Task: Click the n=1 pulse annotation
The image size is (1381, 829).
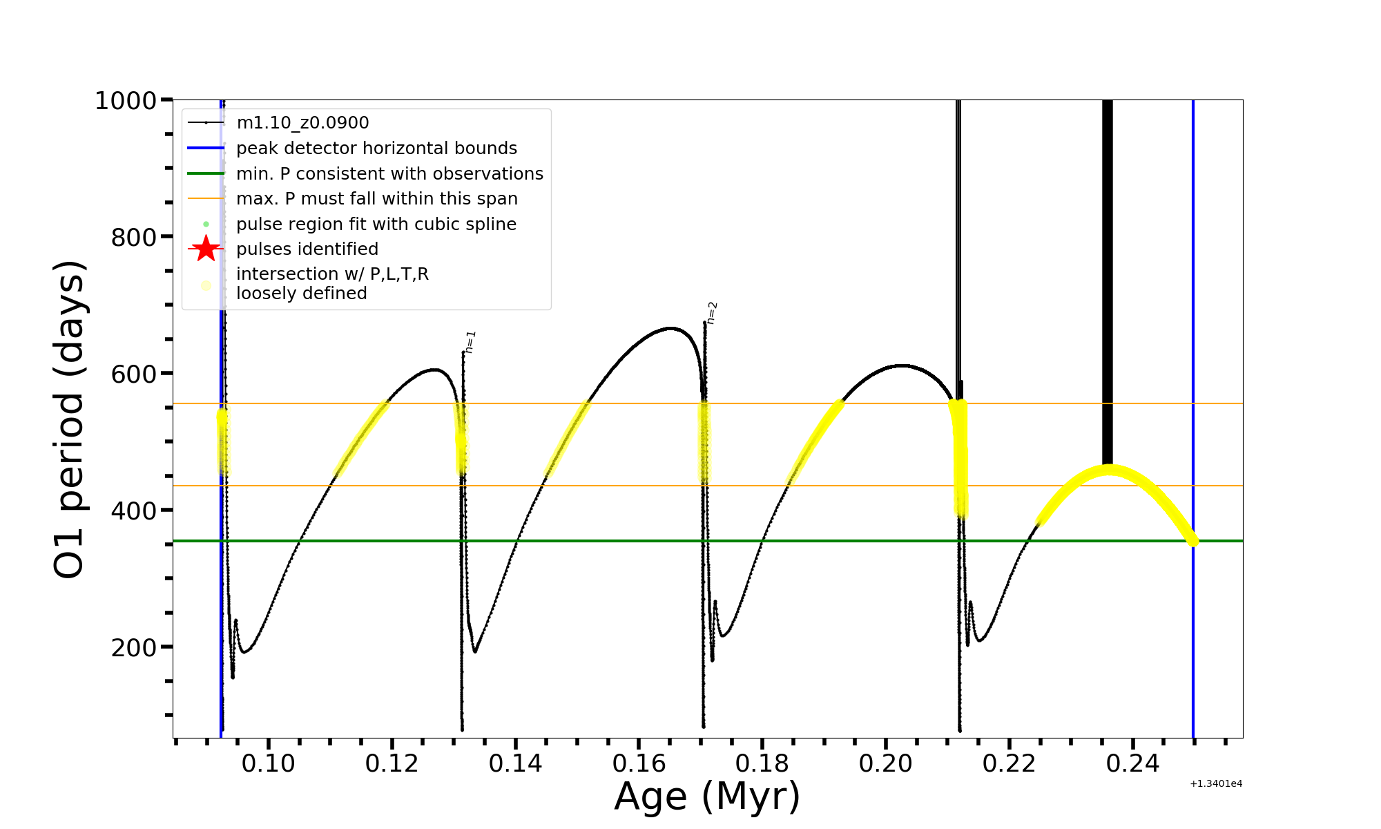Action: coord(470,342)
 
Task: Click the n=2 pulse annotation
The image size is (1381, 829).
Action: coord(712,312)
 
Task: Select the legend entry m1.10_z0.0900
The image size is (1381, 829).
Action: coord(302,123)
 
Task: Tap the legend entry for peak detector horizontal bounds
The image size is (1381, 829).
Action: coord(376,149)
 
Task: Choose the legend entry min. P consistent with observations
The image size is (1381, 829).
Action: coord(389,174)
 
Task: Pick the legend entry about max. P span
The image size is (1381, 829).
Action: coord(376,199)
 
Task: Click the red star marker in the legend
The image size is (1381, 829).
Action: coord(206,249)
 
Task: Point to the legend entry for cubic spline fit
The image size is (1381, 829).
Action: coord(376,225)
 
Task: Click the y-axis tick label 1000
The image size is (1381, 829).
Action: coord(126,101)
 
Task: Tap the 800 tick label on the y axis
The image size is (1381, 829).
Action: coord(134,238)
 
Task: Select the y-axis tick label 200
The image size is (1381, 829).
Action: coord(134,648)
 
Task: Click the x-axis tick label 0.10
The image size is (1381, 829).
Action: coord(269,763)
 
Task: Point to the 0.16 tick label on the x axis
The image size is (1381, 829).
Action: coord(639,763)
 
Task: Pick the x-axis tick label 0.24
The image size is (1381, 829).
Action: coord(1132,763)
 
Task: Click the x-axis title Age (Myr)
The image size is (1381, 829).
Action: coord(707,797)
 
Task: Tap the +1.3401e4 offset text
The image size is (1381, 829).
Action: coord(1216,784)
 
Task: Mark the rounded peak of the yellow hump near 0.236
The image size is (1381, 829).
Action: coord(1109,470)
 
